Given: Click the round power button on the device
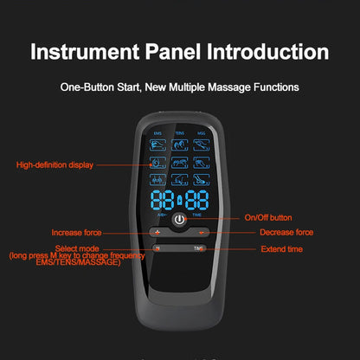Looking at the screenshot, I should [x=179, y=221].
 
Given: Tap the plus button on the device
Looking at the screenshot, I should [x=157, y=233].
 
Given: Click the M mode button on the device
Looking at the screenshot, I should [x=157, y=248].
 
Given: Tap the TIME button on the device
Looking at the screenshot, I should [x=198, y=248].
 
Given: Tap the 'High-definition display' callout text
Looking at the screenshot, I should [x=54, y=164].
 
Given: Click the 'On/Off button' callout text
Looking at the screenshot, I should [x=267, y=217].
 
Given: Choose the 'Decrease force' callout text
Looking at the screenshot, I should [x=286, y=232].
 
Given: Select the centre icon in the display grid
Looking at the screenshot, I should [x=179, y=162].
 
